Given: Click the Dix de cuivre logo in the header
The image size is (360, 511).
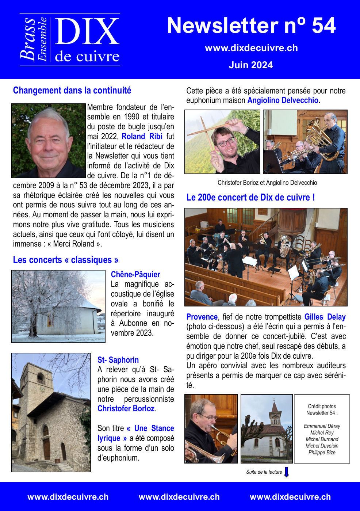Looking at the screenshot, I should point(70,40).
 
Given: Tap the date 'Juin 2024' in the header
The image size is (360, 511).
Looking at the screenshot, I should point(250,65).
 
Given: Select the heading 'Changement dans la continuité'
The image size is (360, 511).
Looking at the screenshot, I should point(72,90).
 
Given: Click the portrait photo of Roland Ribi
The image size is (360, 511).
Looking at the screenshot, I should point(48,141).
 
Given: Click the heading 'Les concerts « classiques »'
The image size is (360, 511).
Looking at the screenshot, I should point(66,260).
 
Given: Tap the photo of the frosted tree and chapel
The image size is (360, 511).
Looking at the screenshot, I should point(58,306).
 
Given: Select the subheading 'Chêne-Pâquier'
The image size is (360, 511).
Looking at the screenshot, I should point(135,274).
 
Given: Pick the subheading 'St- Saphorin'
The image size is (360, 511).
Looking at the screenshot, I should point(118,360).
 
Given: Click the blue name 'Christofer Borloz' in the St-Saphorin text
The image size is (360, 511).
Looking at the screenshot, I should point(126,409).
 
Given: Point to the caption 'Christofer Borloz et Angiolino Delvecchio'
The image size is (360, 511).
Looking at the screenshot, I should point(267,183).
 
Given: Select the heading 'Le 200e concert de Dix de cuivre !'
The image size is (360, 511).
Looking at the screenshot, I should point(250,198).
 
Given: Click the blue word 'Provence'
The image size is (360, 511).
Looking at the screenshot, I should point(202,317).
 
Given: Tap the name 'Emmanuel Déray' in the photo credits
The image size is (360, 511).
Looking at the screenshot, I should point(322,426).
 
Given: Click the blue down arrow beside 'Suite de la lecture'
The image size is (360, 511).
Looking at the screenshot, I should point(287,472).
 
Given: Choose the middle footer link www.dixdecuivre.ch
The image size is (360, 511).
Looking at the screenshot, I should point(179,497).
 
